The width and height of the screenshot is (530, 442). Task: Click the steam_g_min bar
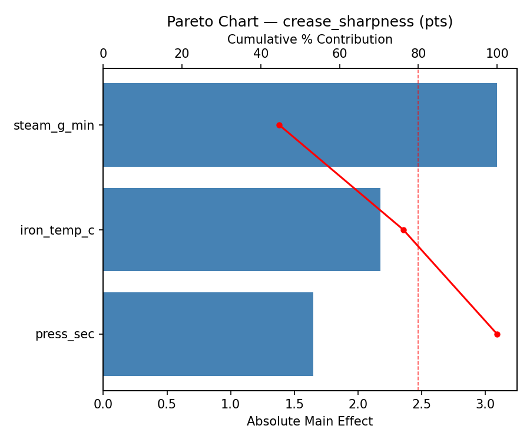pyautogui.click(x=300, y=125)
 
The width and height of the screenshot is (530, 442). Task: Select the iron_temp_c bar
pyautogui.click(x=241, y=230)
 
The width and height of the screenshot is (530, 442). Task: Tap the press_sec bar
pyautogui.click(x=208, y=334)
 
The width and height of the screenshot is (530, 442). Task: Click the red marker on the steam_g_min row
pyautogui.click(x=279, y=125)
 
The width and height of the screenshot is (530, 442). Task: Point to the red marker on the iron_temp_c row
pyautogui.click(x=403, y=230)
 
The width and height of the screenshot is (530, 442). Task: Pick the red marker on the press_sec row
pyautogui.click(x=497, y=334)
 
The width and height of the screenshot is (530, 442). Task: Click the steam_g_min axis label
pyautogui.click(x=54, y=126)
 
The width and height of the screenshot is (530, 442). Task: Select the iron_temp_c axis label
pyautogui.click(x=57, y=230)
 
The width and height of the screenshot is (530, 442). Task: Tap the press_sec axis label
pyautogui.click(x=65, y=335)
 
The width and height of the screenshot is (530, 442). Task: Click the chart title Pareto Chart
pyautogui.click(x=310, y=22)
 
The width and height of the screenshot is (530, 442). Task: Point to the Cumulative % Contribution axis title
pyautogui.click(x=310, y=39)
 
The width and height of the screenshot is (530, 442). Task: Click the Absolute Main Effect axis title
pyautogui.click(x=310, y=421)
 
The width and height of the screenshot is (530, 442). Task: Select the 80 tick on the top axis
pyautogui.click(x=418, y=54)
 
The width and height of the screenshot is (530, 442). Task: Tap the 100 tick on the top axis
pyautogui.click(x=497, y=54)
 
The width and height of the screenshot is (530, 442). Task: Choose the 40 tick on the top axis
pyautogui.click(x=261, y=54)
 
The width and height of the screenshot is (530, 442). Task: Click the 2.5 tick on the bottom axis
pyautogui.click(x=422, y=405)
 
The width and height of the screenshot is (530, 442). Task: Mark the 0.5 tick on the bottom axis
pyautogui.click(x=167, y=405)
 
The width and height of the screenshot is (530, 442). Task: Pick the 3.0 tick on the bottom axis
pyautogui.click(x=485, y=405)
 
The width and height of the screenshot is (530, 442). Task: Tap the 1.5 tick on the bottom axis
pyautogui.click(x=294, y=405)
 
